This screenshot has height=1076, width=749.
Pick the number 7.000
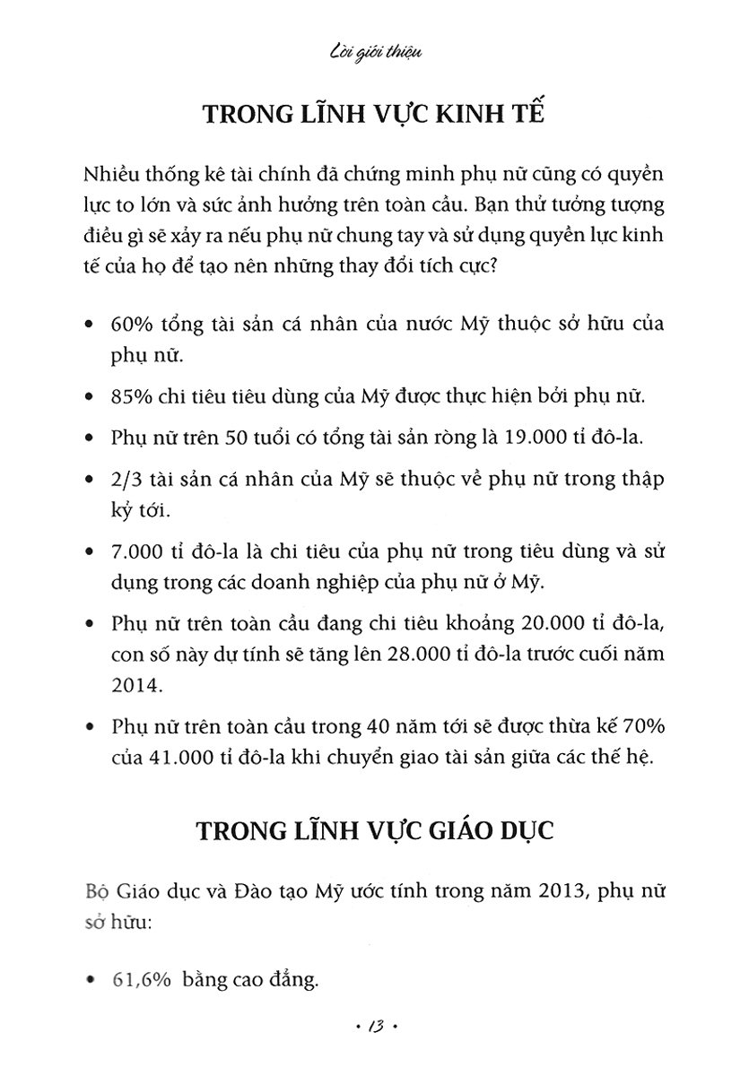pyautogui.click(x=136, y=552)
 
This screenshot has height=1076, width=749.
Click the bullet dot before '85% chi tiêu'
pyautogui.click(x=86, y=395)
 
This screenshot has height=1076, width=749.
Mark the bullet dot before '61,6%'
pyautogui.click(x=86, y=979)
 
